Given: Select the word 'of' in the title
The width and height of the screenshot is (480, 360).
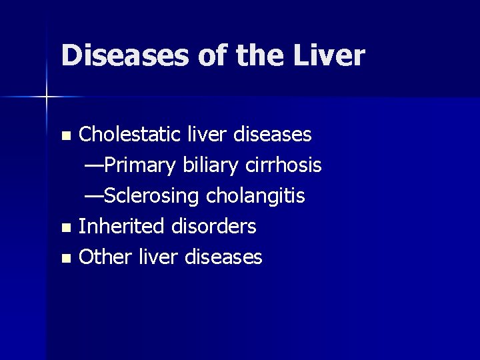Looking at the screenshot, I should click(x=211, y=55).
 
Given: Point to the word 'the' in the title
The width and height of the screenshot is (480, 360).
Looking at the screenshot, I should click(x=257, y=55).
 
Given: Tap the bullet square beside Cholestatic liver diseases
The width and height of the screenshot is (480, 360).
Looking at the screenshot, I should click(x=65, y=136).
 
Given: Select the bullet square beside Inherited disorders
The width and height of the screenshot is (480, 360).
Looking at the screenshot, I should click(x=65, y=228).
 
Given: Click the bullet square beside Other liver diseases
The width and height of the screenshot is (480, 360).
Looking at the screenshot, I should click(x=65, y=259).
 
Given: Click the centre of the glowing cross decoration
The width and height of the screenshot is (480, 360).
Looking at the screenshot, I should click(x=47, y=97).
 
